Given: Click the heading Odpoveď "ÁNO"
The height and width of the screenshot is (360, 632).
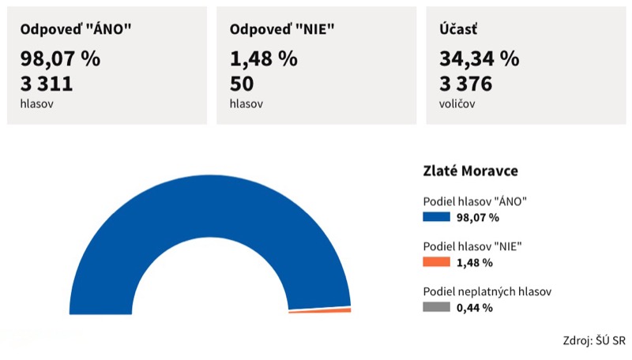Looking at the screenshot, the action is pos(76,29).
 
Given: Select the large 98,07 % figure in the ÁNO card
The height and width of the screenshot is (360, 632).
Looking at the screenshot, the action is pos(60,58).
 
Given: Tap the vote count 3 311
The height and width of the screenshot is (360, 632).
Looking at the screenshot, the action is pos(47,84).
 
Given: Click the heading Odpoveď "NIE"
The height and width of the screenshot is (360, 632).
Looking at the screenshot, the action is pos(282,29).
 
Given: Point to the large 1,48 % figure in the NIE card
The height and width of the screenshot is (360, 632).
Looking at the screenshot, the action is pos(264,58).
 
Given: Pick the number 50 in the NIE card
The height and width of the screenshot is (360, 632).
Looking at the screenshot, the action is pos(242,84).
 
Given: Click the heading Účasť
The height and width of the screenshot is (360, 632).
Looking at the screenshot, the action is pos(458,28).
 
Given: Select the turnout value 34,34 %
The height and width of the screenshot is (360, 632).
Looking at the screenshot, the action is pos(480,58).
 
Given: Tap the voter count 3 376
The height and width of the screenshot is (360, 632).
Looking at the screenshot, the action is pos(465,84).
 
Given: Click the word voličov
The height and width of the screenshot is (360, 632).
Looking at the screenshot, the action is pos(457,104).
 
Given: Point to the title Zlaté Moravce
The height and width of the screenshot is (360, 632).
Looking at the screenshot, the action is pos(470,171).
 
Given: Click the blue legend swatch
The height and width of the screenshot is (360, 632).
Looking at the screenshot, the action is pos(437,217).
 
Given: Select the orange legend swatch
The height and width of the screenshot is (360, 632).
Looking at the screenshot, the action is pos(437,262).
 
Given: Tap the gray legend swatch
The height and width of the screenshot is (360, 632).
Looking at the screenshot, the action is pos(437,307).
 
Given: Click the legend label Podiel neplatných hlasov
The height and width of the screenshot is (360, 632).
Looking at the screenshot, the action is pos(487,291).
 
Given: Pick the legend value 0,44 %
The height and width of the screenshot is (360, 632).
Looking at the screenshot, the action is pos(475,308).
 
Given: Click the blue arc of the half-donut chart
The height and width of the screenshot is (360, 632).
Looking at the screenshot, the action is pos(210,205).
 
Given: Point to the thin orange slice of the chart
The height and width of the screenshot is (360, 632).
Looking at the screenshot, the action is pos(320,310).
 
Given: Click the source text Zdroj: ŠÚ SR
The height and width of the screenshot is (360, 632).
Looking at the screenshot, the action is pos(594,340).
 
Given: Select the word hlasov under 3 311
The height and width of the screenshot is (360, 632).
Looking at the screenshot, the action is pos(36,104).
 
